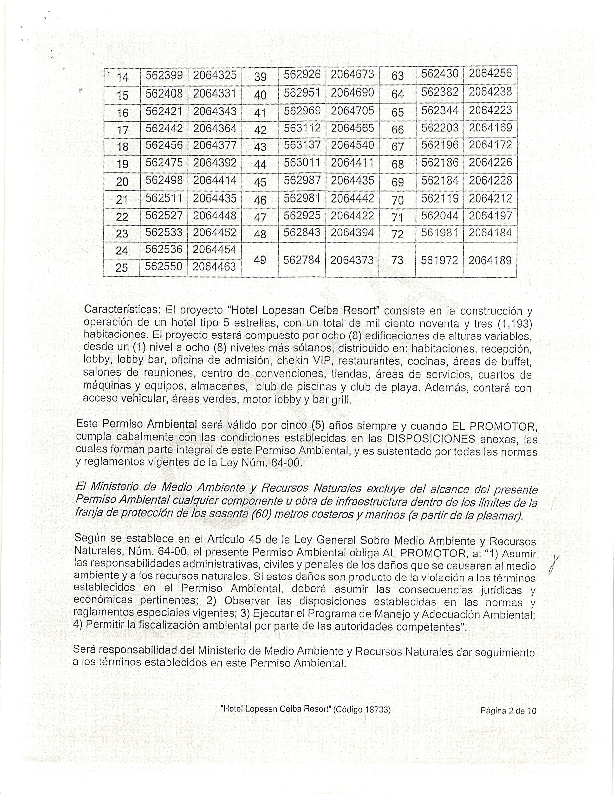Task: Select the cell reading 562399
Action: (x=164, y=75)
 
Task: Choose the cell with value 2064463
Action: (x=214, y=267)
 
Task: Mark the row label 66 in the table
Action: (x=398, y=129)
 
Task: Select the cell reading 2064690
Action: (x=352, y=93)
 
